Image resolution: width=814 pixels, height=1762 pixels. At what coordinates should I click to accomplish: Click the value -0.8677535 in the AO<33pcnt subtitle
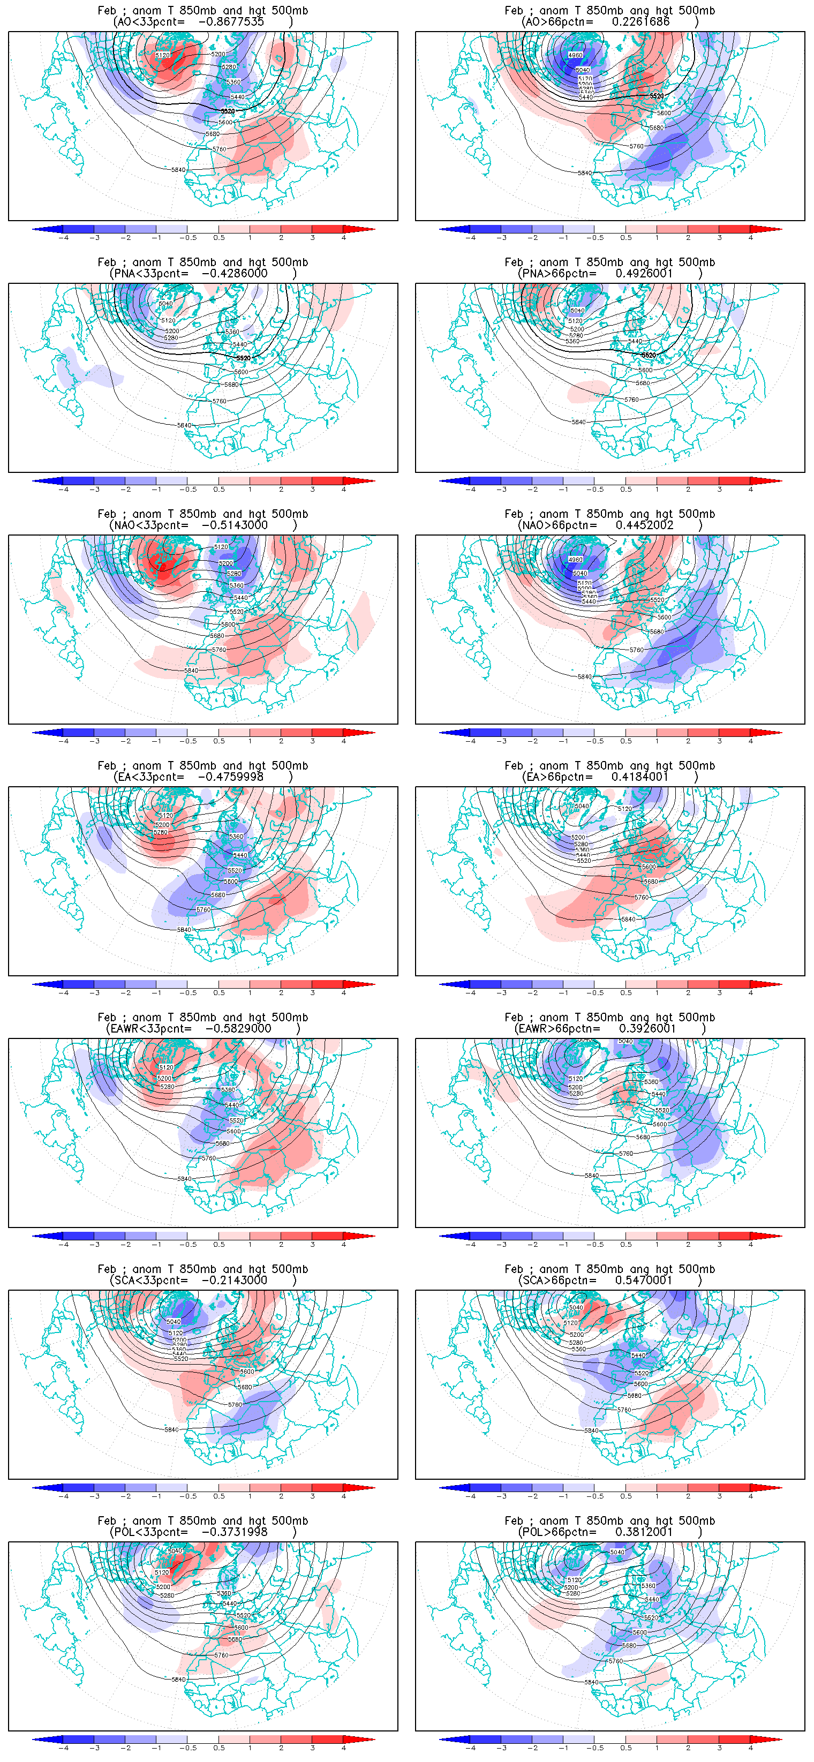coord(230,22)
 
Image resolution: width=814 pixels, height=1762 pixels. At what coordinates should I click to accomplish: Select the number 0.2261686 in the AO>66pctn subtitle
coord(640,22)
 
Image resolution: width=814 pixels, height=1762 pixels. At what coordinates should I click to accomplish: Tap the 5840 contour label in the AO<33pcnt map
coord(178,170)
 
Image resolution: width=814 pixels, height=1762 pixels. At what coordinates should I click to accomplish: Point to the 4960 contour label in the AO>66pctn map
coord(575,55)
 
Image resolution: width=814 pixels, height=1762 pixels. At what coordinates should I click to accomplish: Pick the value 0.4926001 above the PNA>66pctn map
coord(644,274)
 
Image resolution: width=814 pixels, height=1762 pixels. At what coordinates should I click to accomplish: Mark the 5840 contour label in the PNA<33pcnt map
coord(184,425)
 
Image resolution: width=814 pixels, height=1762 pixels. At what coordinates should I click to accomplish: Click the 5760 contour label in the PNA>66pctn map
coord(631,400)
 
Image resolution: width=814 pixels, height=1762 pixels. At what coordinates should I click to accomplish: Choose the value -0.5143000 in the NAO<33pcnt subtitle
coord(235,525)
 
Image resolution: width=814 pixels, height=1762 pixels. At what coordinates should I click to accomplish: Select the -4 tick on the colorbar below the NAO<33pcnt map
coord(64,741)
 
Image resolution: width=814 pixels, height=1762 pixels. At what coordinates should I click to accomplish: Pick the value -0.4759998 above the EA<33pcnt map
coord(230,777)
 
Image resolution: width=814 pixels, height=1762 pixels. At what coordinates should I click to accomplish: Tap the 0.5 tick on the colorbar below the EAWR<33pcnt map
coord(219,1244)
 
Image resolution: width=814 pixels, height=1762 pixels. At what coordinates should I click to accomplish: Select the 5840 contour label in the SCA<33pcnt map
coord(171,1429)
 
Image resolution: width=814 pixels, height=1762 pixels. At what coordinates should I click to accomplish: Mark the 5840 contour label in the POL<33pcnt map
coord(178,1679)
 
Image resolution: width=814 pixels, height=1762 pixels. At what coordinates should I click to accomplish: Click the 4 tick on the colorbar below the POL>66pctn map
coord(750,1748)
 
